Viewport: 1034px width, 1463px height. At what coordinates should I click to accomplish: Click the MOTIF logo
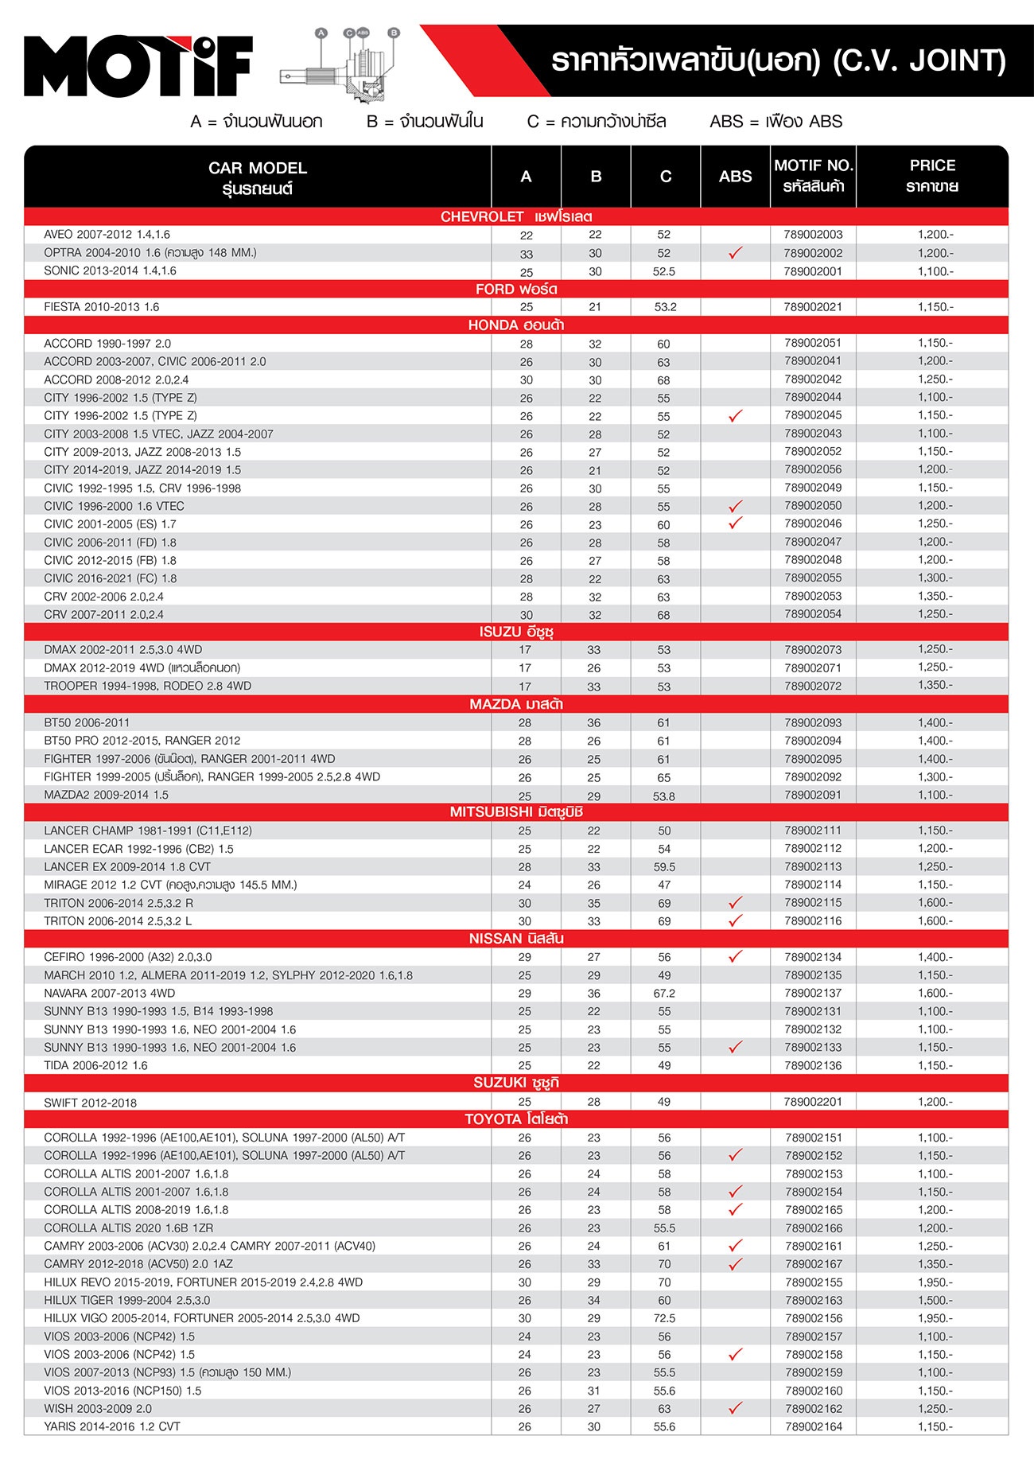[x=138, y=66]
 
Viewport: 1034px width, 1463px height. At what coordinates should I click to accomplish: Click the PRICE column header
[x=932, y=176]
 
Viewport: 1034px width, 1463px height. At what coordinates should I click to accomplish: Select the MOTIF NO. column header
[x=813, y=176]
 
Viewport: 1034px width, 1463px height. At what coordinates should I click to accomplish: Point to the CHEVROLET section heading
[x=516, y=216]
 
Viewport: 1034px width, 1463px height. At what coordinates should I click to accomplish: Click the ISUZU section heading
[x=516, y=632]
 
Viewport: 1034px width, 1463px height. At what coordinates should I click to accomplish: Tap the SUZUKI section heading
[x=516, y=1083]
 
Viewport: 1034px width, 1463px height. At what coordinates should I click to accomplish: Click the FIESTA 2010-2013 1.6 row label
[x=102, y=307]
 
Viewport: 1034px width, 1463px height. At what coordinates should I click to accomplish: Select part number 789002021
[x=813, y=307]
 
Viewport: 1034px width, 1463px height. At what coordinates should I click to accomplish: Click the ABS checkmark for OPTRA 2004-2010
[x=735, y=253]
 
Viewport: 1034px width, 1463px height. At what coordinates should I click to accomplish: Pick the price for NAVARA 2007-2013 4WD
[x=935, y=993]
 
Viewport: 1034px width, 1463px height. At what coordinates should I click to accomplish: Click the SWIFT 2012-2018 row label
[x=91, y=1103]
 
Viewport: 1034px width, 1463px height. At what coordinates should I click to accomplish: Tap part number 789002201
[x=813, y=1102]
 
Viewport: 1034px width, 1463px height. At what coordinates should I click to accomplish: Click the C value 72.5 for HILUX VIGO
[x=664, y=1318]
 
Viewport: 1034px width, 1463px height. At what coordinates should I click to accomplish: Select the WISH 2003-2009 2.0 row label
[x=98, y=1408]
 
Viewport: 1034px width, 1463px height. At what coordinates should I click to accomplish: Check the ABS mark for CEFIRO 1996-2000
[x=735, y=956]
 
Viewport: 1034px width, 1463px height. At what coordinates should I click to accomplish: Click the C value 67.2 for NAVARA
[x=664, y=994]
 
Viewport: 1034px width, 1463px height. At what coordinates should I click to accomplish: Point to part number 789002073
[x=813, y=650]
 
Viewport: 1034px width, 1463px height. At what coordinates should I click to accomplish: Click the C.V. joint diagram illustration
[x=343, y=68]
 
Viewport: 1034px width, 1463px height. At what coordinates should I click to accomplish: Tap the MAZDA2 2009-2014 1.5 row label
[x=107, y=795]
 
